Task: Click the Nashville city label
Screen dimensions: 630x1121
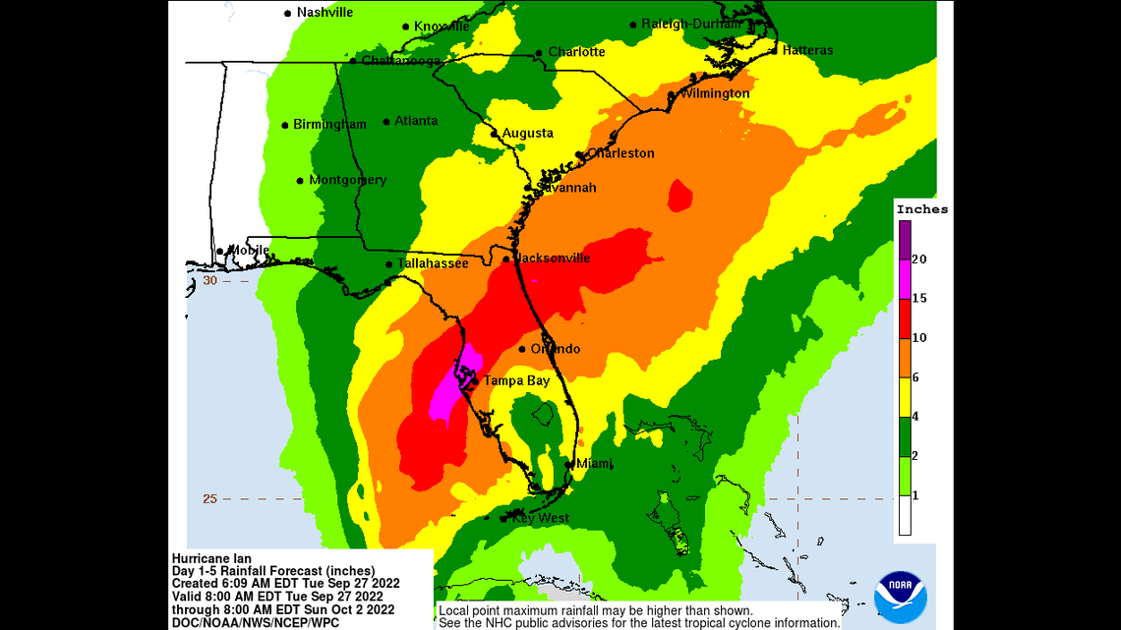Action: [x=324, y=13]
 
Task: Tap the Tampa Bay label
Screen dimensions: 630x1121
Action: [x=515, y=380]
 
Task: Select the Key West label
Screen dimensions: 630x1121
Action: [x=539, y=518]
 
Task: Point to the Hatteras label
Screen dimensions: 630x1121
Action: [x=807, y=50]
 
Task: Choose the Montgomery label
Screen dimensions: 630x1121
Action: [x=347, y=180]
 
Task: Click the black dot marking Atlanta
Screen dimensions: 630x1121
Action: [x=386, y=122]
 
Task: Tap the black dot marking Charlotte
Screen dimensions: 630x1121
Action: [x=539, y=53]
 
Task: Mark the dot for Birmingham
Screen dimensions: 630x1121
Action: [x=285, y=125]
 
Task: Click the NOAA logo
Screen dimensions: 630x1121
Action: [x=900, y=597]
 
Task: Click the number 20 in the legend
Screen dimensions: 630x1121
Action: [x=918, y=259]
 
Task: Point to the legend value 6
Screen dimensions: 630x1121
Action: [x=914, y=376]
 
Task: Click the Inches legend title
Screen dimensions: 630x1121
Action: [x=922, y=209]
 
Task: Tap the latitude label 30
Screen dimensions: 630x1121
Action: [x=209, y=280]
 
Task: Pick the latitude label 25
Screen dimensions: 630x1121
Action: [x=209, y=498]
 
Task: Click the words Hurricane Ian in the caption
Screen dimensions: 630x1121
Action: [x=211, y=559]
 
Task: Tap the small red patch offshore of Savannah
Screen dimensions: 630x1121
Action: [x=679, y=196]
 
